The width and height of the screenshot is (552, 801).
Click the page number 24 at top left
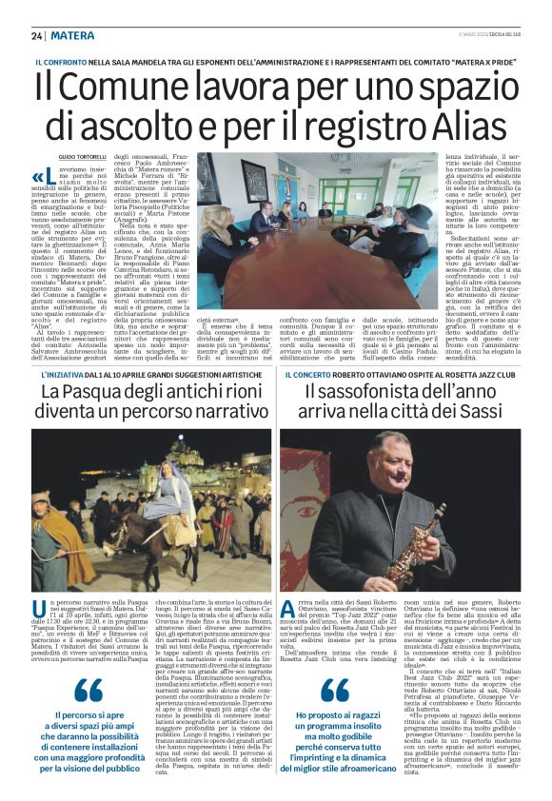(36, 36)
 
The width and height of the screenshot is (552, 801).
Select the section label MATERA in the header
(71, 36)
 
